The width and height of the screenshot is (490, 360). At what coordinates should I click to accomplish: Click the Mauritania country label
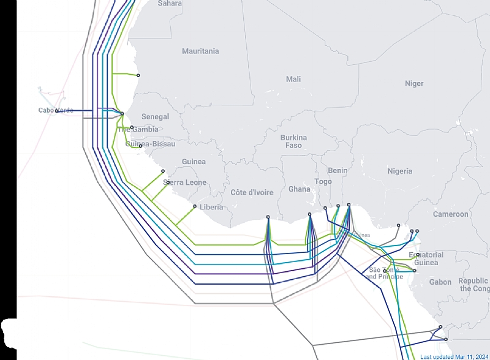[200, 51]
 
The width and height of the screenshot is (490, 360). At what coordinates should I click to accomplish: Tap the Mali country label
[293, 80]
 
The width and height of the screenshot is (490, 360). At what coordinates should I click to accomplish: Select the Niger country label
[414, 84]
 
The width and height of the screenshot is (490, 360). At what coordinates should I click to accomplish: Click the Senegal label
[155, 116]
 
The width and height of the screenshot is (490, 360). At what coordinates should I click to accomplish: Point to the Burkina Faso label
[293, 141]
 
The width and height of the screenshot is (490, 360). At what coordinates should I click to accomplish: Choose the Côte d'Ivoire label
[252, 192]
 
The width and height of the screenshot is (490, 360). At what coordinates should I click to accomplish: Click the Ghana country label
[300, 189]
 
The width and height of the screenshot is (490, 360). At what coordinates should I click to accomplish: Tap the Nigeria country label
[399, 171]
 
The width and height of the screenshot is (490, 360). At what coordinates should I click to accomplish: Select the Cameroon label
[450, 214]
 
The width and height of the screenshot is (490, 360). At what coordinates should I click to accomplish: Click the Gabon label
[440, 282]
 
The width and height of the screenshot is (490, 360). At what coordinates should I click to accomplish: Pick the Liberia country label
[211, 208]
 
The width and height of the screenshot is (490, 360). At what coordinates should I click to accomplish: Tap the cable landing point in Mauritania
[138, 75]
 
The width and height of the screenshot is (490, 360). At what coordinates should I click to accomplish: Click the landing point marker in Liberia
[195, 206]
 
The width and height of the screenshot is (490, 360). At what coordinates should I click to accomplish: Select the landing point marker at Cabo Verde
[57, 111]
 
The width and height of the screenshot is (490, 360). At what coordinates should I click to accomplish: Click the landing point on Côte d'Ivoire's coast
[268, 217]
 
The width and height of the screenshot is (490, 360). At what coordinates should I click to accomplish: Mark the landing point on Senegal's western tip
[122, 113]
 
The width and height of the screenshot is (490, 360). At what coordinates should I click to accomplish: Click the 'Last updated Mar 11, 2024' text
[454, 356]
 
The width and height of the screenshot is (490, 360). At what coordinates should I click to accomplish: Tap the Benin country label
[337, 171]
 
